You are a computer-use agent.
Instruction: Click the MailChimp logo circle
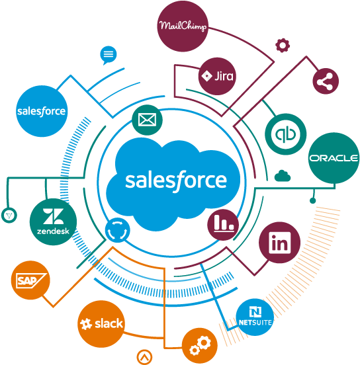click(x=183, y=26)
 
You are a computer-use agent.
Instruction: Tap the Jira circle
click(x=217, y=76)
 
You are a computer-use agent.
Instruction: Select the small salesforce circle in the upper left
click(x=42, y=111)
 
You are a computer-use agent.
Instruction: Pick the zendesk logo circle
click(x=53, y=222)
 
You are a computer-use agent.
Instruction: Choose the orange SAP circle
click(x=30, y=280)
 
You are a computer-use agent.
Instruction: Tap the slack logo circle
click(x=101, y=324)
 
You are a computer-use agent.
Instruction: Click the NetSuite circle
click(x=255, y=317)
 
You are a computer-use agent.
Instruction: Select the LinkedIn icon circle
click(x=280, y=243)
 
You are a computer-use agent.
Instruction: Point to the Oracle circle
click(x=334, y=158)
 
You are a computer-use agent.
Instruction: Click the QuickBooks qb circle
click(x=286, y=134)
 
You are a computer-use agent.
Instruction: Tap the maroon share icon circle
click(x=326, y=81)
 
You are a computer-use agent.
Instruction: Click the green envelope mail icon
click(x=148, y=120)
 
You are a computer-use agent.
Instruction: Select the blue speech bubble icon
click(x=109, y=55)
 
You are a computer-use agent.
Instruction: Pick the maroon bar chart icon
click(x=223, y=225)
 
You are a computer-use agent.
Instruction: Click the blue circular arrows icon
click(x=117, y=230)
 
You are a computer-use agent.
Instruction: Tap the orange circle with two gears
click(x=200, y=346)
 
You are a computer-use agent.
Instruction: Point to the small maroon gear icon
click(x=283, y=45)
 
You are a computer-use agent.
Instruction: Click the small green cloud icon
click(x=283, y=176)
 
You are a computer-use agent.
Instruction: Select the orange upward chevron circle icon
click(x=144, y=357)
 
